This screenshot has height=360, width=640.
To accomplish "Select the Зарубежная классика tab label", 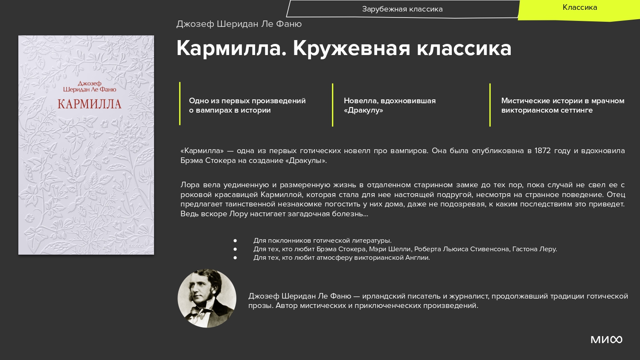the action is pyautogui.click(x=402, y=9).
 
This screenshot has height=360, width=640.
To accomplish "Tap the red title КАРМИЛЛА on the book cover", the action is pyautogui.click(x=90, y=104).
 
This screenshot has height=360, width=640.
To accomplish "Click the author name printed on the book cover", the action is pyautogui.click(x=90, y=86).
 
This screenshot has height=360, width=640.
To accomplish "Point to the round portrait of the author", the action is pyautogui.click(x=207, y=298).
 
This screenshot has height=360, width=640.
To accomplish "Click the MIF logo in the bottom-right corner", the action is pyautogui.click(x=606, y=340).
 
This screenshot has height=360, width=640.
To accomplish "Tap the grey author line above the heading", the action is pyautogui.click(x=239, y=24).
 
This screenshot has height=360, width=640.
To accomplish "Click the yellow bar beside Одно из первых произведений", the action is pyautogui.click(x=180, y=103).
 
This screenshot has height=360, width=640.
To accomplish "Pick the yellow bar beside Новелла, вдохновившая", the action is pyautogui.click(x=332, y=105).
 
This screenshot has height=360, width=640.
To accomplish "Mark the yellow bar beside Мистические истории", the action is pyautogui.click(x=490, y=105).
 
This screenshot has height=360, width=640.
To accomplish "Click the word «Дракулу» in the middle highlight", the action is pyautogui.click(x=364, y=110).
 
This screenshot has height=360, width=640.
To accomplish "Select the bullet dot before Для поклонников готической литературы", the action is pyautogui.click(x=235, y=241).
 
